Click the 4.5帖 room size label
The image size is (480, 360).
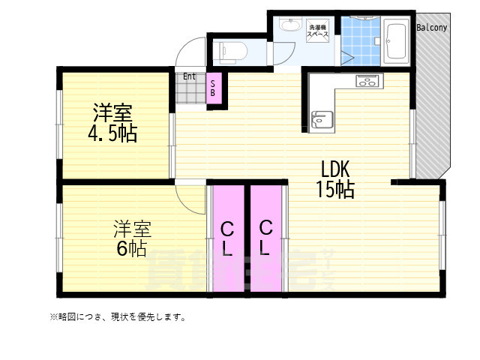pos(112,134)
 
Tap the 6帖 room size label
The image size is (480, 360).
pos(131,248)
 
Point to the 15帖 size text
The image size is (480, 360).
pos(334,189)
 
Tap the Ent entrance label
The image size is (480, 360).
pos(189,76)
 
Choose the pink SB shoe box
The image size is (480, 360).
pos(212,88)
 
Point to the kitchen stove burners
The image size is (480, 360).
pos(367,81)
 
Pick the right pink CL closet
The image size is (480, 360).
pos(265,238)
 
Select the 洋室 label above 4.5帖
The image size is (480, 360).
pos(112,113)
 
